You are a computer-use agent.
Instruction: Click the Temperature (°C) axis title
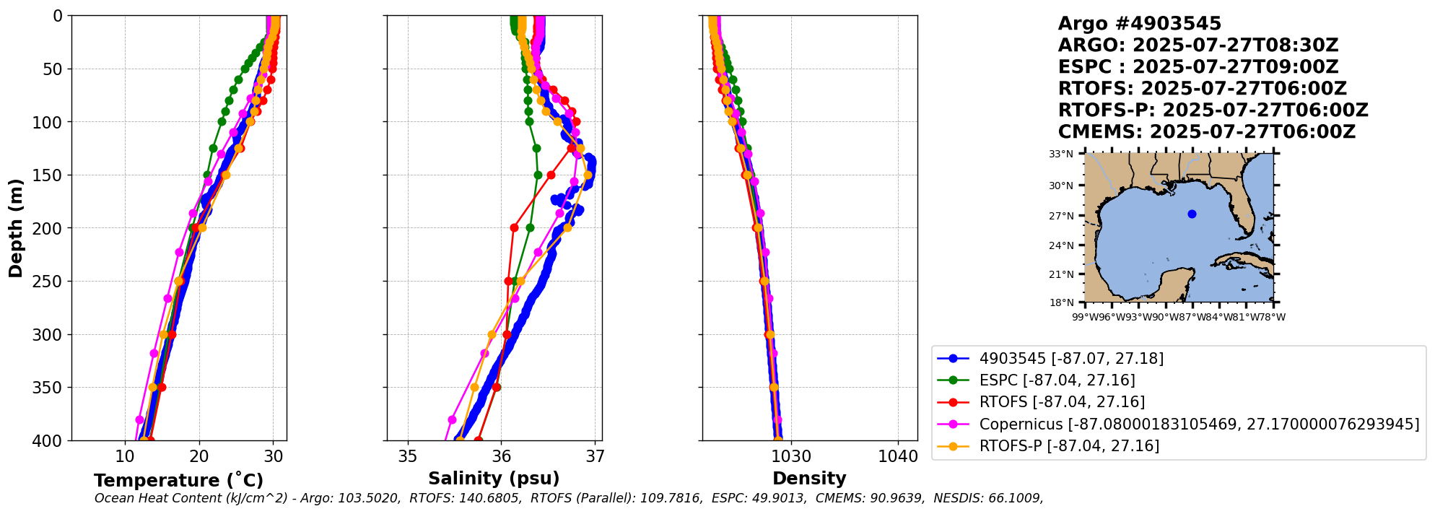pos(178,481)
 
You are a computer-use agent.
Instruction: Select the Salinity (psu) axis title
pos(494,479)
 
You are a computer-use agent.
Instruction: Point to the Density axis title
pos(809,479)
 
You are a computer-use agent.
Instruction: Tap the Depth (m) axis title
pos(16,228)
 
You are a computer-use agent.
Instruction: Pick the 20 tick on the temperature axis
pos(199,456)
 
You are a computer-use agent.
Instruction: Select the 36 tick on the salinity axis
pos(502,456)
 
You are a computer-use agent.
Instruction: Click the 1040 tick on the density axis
pos(898,456)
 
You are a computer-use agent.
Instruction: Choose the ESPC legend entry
pos(1057,380)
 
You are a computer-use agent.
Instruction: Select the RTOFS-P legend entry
pos(1069,446)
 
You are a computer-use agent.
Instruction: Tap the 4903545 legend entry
pos(1071,359)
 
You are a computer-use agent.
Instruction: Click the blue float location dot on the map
pos(1192,214)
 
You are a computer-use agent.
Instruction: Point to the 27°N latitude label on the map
pos(1061,216)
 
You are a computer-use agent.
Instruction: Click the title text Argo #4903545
pos(1139,24)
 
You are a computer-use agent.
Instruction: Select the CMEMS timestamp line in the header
pos(1206,132)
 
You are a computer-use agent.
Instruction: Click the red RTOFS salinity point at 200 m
pos(514,227)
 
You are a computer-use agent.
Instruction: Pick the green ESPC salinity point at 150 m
pos(538,175)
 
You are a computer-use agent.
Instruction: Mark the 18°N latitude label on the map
pos(1061,302)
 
